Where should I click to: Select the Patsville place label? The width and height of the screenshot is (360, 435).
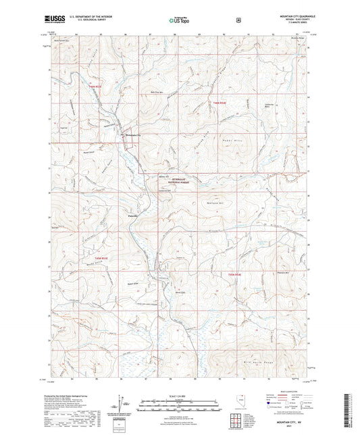click(134, 215)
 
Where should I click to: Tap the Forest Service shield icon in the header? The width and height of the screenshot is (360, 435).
click(237, 21)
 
